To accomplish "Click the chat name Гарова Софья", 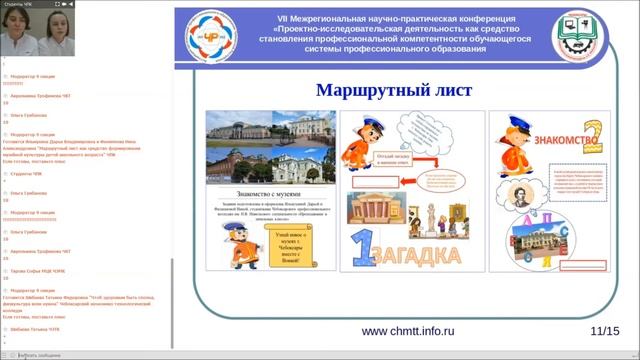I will (x=30, y=270).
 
